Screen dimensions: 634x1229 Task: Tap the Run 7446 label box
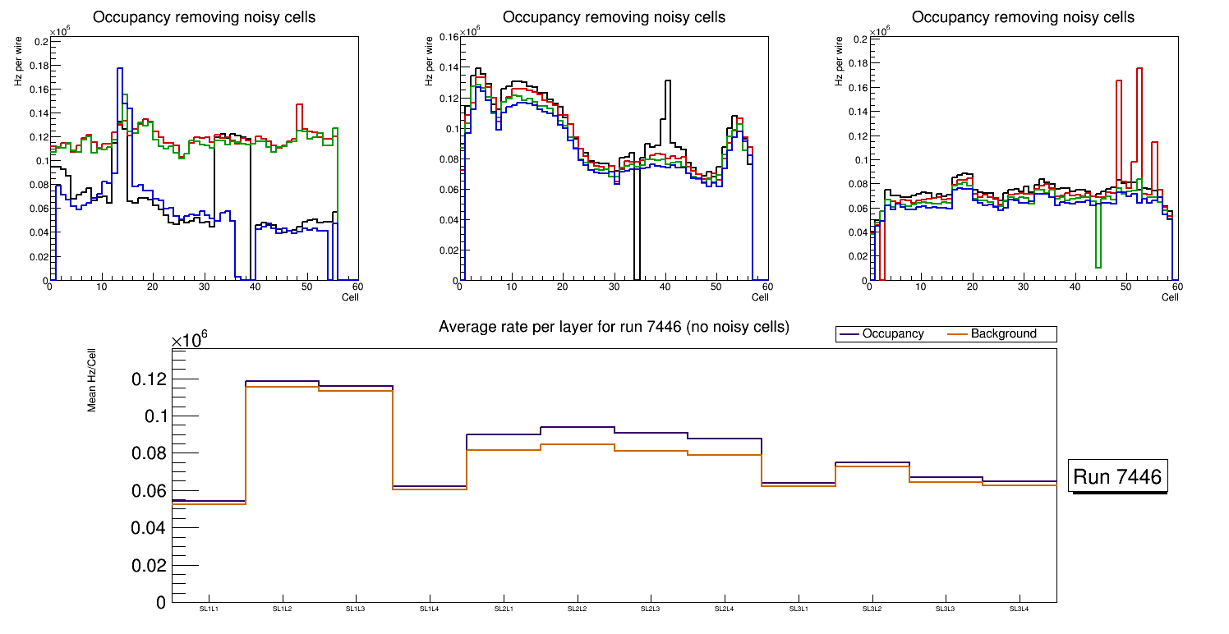(1118, 477)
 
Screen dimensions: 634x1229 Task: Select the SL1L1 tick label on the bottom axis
(209, 609)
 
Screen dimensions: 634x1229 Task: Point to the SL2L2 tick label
(578, 609)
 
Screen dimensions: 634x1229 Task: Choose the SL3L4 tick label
(1020, 609)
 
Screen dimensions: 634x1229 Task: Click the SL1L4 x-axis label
(430, 609)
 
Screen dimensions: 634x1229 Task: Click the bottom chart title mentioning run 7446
(614, 327)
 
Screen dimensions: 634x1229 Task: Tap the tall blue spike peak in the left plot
(120, 69)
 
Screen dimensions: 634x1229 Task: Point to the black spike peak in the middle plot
(669, 80)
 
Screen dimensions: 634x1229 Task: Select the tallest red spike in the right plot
(1139, 68)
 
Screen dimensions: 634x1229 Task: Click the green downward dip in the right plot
(1098, 265)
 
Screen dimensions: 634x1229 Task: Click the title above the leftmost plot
(204, 17)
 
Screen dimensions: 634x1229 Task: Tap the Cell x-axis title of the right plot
(1170, 296)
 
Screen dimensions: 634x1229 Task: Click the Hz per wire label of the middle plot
(429, 69)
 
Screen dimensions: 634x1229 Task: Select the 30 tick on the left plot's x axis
(204, 287)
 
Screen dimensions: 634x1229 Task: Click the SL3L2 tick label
(872, 609)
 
